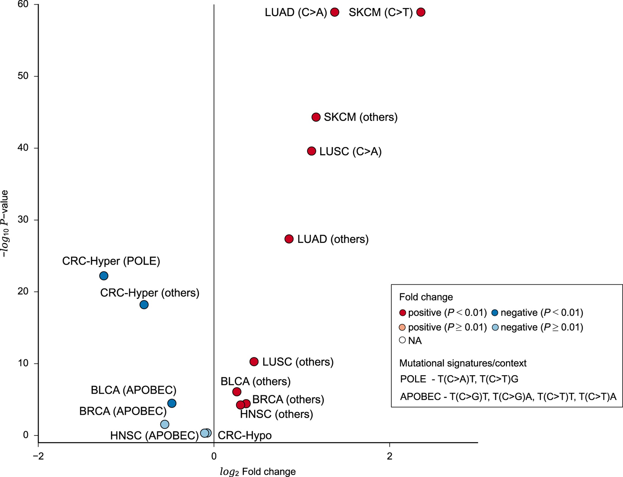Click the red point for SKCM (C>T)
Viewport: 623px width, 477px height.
[421, 12]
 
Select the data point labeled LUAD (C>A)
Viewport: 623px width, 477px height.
[335, 12]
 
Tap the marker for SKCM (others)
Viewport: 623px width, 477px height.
[316, 117]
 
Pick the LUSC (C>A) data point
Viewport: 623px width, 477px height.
[311, 151]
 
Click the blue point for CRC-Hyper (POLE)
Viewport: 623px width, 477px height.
[104, 276]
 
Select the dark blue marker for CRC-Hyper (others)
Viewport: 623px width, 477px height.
[144, 304]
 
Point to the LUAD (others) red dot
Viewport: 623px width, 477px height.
[289, 239]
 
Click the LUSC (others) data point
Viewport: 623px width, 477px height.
[254, 361]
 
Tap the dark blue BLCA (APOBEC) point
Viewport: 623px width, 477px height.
[172, 403]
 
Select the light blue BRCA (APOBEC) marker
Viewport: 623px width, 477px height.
[165, 424]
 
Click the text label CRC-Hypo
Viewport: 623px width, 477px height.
[244, 435]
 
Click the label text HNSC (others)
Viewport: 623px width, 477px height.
[276, 414]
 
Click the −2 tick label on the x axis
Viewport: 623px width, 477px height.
[38, 456]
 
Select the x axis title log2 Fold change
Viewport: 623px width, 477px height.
[258, 471]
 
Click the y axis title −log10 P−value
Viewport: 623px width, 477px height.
[5, 224]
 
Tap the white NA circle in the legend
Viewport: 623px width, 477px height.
[402, 340]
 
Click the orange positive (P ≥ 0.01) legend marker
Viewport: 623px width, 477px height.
[402, 327]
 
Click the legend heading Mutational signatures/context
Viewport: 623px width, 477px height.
[463, 363]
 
